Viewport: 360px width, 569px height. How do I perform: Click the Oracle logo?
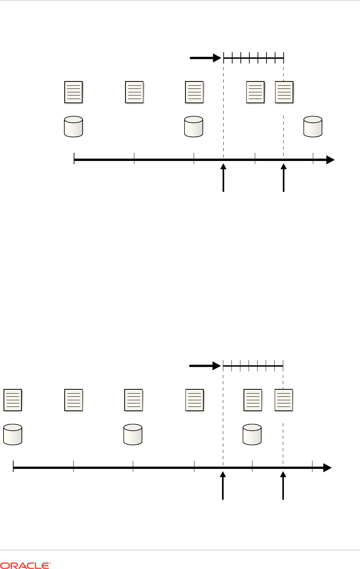coord(26,565)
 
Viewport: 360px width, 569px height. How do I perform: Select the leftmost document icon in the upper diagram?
coord(73,92)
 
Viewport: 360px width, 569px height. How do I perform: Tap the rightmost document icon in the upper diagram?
coord(284,92)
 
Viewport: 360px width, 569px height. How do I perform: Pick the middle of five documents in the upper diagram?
coord(194,92)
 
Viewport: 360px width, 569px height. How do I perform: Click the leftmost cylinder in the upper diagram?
coord(73,126)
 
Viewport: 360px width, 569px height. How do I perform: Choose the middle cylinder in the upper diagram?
coord(194,126)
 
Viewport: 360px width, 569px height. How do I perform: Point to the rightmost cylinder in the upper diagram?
coord(313,126)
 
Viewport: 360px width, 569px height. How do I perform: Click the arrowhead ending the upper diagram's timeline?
coord(330,160)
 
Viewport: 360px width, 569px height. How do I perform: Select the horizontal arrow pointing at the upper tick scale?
coord(205,58)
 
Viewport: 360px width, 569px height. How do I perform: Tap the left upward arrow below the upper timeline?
coord(223,178)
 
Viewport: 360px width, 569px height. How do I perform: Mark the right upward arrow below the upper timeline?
coord(284,178)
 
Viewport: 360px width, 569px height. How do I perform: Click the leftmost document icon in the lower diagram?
coord(13,400)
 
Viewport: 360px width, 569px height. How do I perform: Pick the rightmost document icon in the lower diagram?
coord(284,400)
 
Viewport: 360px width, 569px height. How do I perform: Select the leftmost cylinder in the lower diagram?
coord(13,434)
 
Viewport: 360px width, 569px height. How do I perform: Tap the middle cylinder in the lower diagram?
coord(133,434)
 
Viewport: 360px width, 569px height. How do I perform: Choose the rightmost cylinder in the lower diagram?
coord(252,434)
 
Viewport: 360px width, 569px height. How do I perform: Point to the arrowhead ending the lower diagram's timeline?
coord(327,468)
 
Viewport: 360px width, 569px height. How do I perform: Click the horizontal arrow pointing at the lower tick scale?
coord(205,366)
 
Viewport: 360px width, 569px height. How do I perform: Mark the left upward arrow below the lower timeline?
coord(223,486)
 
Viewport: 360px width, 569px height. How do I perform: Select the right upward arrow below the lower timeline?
coord(283,486)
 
